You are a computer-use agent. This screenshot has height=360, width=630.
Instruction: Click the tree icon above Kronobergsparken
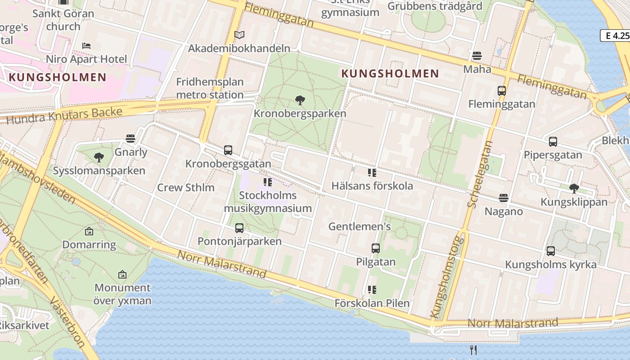[300, 100]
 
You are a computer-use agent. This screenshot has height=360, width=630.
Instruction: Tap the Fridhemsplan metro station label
[210, 89]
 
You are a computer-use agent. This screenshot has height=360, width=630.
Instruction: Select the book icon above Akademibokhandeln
[239, 35]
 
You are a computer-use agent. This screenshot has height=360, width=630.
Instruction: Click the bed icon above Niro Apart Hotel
[86, 46]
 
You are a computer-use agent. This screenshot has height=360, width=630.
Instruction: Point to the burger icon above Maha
[477, 56]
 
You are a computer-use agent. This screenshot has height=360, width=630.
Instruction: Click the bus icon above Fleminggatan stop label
[502, 91]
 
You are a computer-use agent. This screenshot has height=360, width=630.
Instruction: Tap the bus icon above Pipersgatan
[553, 142]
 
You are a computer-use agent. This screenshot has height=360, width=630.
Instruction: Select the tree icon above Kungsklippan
[574, 188]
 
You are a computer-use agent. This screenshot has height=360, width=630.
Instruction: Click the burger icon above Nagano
[504, 198]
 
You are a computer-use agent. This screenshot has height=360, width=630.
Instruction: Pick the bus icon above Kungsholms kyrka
[551, 251]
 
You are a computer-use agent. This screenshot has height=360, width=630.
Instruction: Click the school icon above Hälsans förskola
[372, 172]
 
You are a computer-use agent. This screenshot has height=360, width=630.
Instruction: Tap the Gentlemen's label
[360, 226]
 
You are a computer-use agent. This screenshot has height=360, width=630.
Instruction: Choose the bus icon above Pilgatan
[376, 248]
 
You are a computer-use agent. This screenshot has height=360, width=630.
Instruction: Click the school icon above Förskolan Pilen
[372, 289]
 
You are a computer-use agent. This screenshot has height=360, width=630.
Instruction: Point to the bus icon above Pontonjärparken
[239, 228]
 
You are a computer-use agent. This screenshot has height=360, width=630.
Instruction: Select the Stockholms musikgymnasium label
[268, 202]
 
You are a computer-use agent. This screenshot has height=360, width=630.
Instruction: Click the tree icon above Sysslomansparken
[99, 157]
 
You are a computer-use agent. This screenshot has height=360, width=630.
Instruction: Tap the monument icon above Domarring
[89, 232]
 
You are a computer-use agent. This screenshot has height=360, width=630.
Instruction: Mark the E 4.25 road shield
[615, 36]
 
